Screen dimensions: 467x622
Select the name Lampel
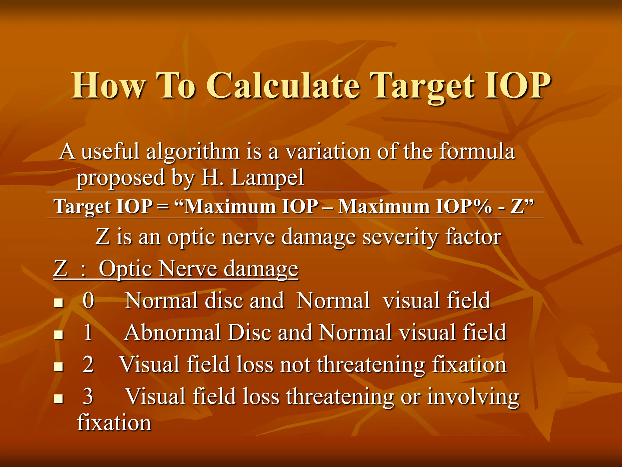(x=267, y=177)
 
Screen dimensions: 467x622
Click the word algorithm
(x=193, y=151)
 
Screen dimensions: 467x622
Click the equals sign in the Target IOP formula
(x=163, y=207)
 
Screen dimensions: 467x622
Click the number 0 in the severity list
(x=88, y=301)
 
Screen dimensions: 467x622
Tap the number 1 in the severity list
(x=88, y=332)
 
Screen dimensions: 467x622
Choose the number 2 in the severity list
(x=88, y=364)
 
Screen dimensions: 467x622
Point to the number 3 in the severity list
(x=88, y=396)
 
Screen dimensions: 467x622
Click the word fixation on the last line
(x=114, y=423)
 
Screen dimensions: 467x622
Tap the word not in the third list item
(x=295, y=364)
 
